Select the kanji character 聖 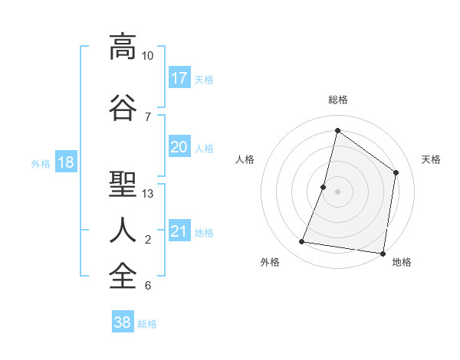pyautogui.click(x=122, y=184)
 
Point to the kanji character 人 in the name pyautogui.click(x=122, y=230)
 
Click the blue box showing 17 pyautogui.click(x=179, y=78)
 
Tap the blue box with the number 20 pyautogui.click(x=179, y=147)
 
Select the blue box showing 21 pyautogui.click(x=179, y=231)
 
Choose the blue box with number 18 pyautogui.click(x=65, y=162)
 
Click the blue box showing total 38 pyautogui.click(x=123, y=322)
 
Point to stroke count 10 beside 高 pyautogui.click(x=147, y=56)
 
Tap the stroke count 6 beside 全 pyautogui.click(x=147, y=286)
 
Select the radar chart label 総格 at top pyautogui.click(x=337, y=100)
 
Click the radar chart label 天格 pyautogui.click(x=432, y=159)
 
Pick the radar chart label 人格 pyautogui.click(x=245, y=159)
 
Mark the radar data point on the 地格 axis pyautogui.click(x=383, y=253)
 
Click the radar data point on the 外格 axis pyautogui.click(x=302, y=242)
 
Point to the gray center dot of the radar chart pyautogui.click(x=337, y=191)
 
